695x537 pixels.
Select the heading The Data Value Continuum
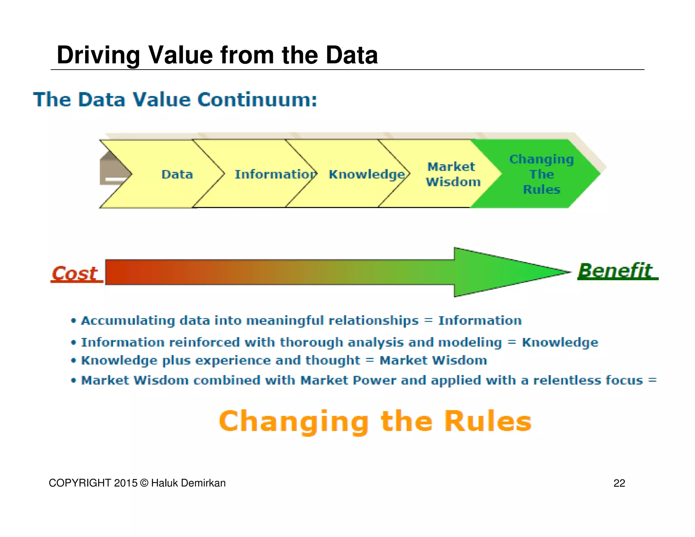coord(175,100)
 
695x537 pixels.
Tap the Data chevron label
coord(177,174)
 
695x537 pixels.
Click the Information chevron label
coord(275,174)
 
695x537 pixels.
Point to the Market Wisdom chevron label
coord(453,174)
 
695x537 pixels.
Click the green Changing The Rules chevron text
coord(541,174)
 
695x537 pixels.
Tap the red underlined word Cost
coord(75,274)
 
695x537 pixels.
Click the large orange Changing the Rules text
coord(375,421)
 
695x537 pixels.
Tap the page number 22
coord(619,483)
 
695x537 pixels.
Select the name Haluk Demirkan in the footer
coord(188,483)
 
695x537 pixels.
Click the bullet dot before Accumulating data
coord(73,321)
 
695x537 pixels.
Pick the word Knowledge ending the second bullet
coord(560,342)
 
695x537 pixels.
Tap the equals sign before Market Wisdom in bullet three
coord(370,360)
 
